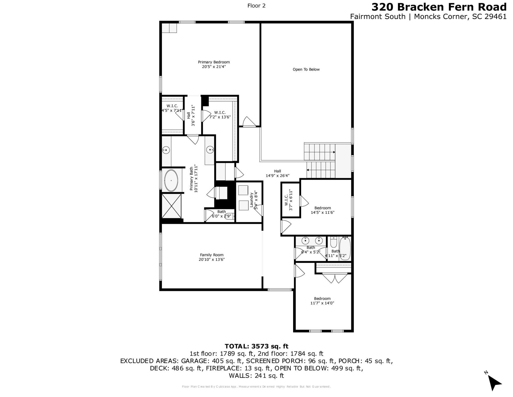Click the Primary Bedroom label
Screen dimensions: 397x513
tap(214, 62)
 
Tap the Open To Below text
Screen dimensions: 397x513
tap(306, 70)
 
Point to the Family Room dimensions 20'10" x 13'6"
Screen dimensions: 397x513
tap(212, 259)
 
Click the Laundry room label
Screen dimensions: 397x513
tap(251, 200)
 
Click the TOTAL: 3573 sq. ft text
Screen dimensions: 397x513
tap(256, 346)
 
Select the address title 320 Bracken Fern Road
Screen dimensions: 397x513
tap(439, 7)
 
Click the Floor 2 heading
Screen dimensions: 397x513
tap(256, 6)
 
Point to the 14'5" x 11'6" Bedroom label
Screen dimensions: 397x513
tap(322, 210)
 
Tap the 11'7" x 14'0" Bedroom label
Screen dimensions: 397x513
tap(322, 301)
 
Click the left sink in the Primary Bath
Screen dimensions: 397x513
tap(166, 150)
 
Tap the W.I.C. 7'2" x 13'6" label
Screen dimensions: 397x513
tap(220, 115)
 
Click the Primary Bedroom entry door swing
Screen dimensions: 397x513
tap(248, 122)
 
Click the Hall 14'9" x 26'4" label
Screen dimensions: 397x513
tap(277, 173)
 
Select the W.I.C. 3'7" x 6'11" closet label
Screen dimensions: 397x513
tap(289, 200)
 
